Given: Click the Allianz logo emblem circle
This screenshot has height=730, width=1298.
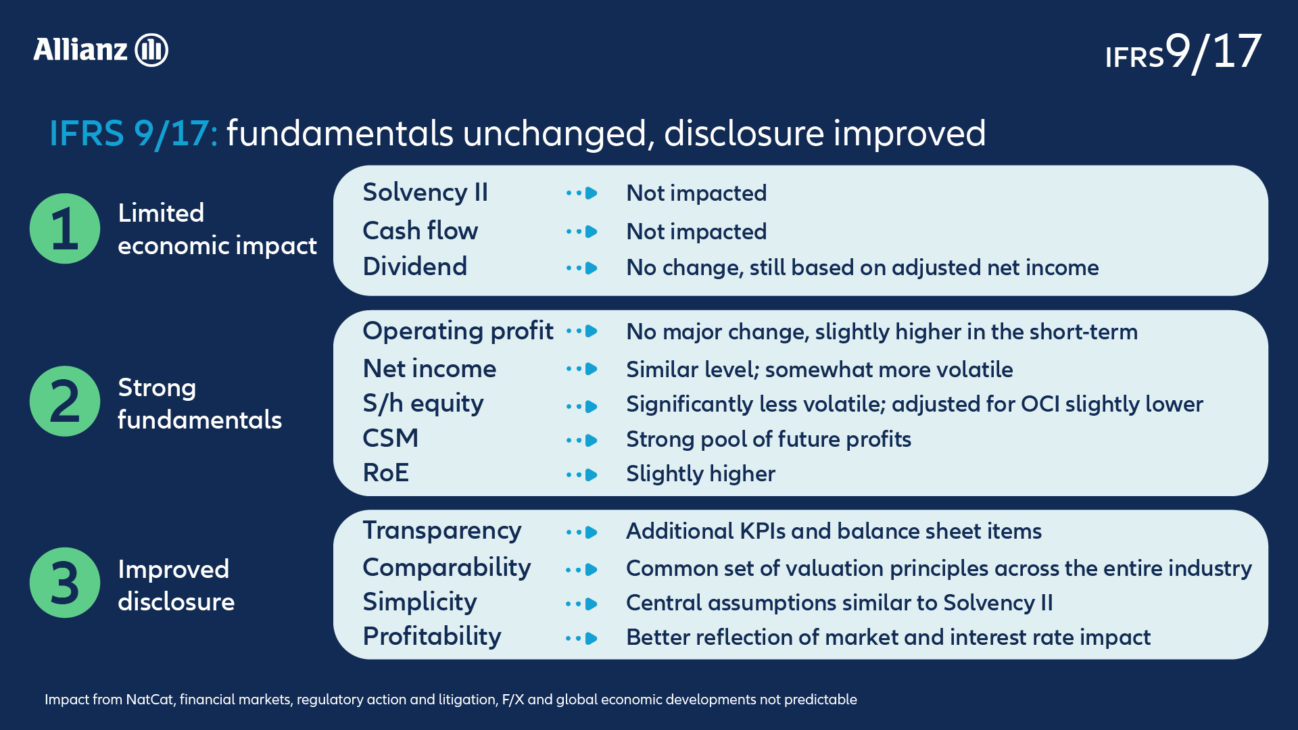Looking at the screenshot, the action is pyautogui.click(x=151, y=50).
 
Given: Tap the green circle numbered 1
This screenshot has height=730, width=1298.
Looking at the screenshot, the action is pyautogui.click(x=65, y=228).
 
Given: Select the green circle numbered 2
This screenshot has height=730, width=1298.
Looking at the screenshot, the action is pyautogui.click(x=65, y=401).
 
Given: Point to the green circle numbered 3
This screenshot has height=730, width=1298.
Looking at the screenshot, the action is pyautogui.click(x=65, y=583).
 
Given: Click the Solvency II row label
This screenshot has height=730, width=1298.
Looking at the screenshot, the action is pyautogui.click(x=425, y=193).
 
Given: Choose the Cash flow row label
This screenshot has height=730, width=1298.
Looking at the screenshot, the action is pyautogui.click(x=420, y=230).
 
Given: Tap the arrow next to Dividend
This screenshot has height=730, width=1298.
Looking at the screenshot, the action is pyautogui.click(x=582, y=268).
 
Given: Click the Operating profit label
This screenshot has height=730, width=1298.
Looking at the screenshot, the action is pyautogui.click(x=458, y=332).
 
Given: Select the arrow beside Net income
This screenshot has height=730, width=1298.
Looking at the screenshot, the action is pyautogui.click(x=582, y=369).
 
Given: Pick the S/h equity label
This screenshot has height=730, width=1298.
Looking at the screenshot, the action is pyautogui.click(x=423, y=404).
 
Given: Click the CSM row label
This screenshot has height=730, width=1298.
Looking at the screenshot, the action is pyautogui.click(x=391, y=438).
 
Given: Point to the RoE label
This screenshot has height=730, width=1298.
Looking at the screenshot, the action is pyautogui.click(x=386, y=472).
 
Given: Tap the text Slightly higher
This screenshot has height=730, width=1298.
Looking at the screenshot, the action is pyautogui.click(x=700, y=474).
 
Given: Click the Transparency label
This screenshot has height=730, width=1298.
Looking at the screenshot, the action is pyautogui.click(x=442, y=531).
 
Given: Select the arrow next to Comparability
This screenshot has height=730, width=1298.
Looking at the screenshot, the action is pyautogui.click(x=582, y=570).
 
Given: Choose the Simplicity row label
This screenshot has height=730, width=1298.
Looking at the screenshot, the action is pyautogui.click(x=420, y=602).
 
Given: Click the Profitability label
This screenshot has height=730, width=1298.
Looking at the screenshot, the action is pyautogui.click(x=432, y=637).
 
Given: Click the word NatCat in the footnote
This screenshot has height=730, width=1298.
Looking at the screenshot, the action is pyautogui.click(x=150, y=700).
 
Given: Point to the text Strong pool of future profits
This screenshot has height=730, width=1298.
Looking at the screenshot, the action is pyautogui.click(x=769, y=439).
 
